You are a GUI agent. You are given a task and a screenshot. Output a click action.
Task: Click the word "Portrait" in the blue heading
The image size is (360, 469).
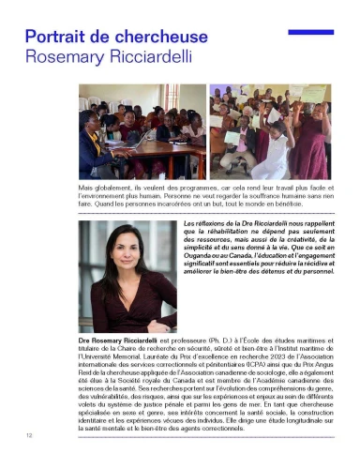[x=58, y=38]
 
